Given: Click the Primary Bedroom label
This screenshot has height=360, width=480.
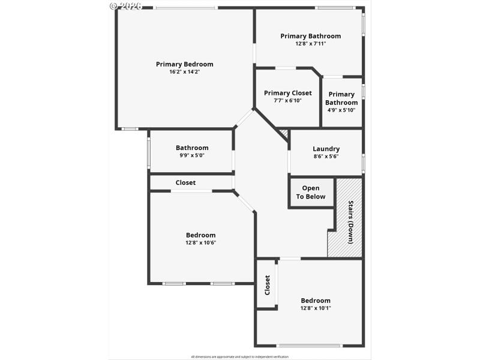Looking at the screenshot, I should click(x=184, y=64).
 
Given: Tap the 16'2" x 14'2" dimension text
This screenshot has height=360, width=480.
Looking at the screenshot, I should click(x=184, y=72).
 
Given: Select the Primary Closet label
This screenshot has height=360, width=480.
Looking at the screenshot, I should click(x=287, y=93).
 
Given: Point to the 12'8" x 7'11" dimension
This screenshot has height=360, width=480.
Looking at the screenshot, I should click(x=310, y=44).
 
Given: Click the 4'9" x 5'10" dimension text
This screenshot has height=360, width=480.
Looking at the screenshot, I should click(x=341, y=110).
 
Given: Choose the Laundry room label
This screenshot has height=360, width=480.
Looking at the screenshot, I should click(x=326, y=149).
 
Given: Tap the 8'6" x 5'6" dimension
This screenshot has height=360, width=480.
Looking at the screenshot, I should click(x=326, y=157).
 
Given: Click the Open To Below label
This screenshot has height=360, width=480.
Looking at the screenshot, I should click(x=311, y=193).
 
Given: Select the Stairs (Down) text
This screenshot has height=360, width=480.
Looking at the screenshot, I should click(x=350, y=221).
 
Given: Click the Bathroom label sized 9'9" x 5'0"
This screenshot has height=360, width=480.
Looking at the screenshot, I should click(x=192, y=148).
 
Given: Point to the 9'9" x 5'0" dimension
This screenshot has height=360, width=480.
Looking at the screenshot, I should click(x=192, y=155).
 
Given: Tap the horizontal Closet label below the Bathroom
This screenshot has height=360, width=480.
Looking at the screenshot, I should click(x=185, y=182).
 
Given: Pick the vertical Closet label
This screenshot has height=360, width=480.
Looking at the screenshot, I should click(x=267, y=285).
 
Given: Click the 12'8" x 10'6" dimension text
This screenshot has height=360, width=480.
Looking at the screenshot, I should click(x=200, y=243).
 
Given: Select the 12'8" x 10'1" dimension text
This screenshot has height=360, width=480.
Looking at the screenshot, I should click(x=316, y=308).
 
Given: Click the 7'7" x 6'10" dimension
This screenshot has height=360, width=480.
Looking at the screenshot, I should click(x=287, y=101).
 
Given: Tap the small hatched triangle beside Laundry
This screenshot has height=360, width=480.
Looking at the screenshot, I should click(x=284, y=134).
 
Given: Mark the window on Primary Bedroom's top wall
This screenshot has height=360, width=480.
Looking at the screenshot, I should click(x=185, y=8).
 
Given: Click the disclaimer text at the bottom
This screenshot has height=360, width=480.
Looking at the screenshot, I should click(x=239, y=356).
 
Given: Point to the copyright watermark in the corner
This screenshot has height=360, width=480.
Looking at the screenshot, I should click(x=126, y=5).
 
